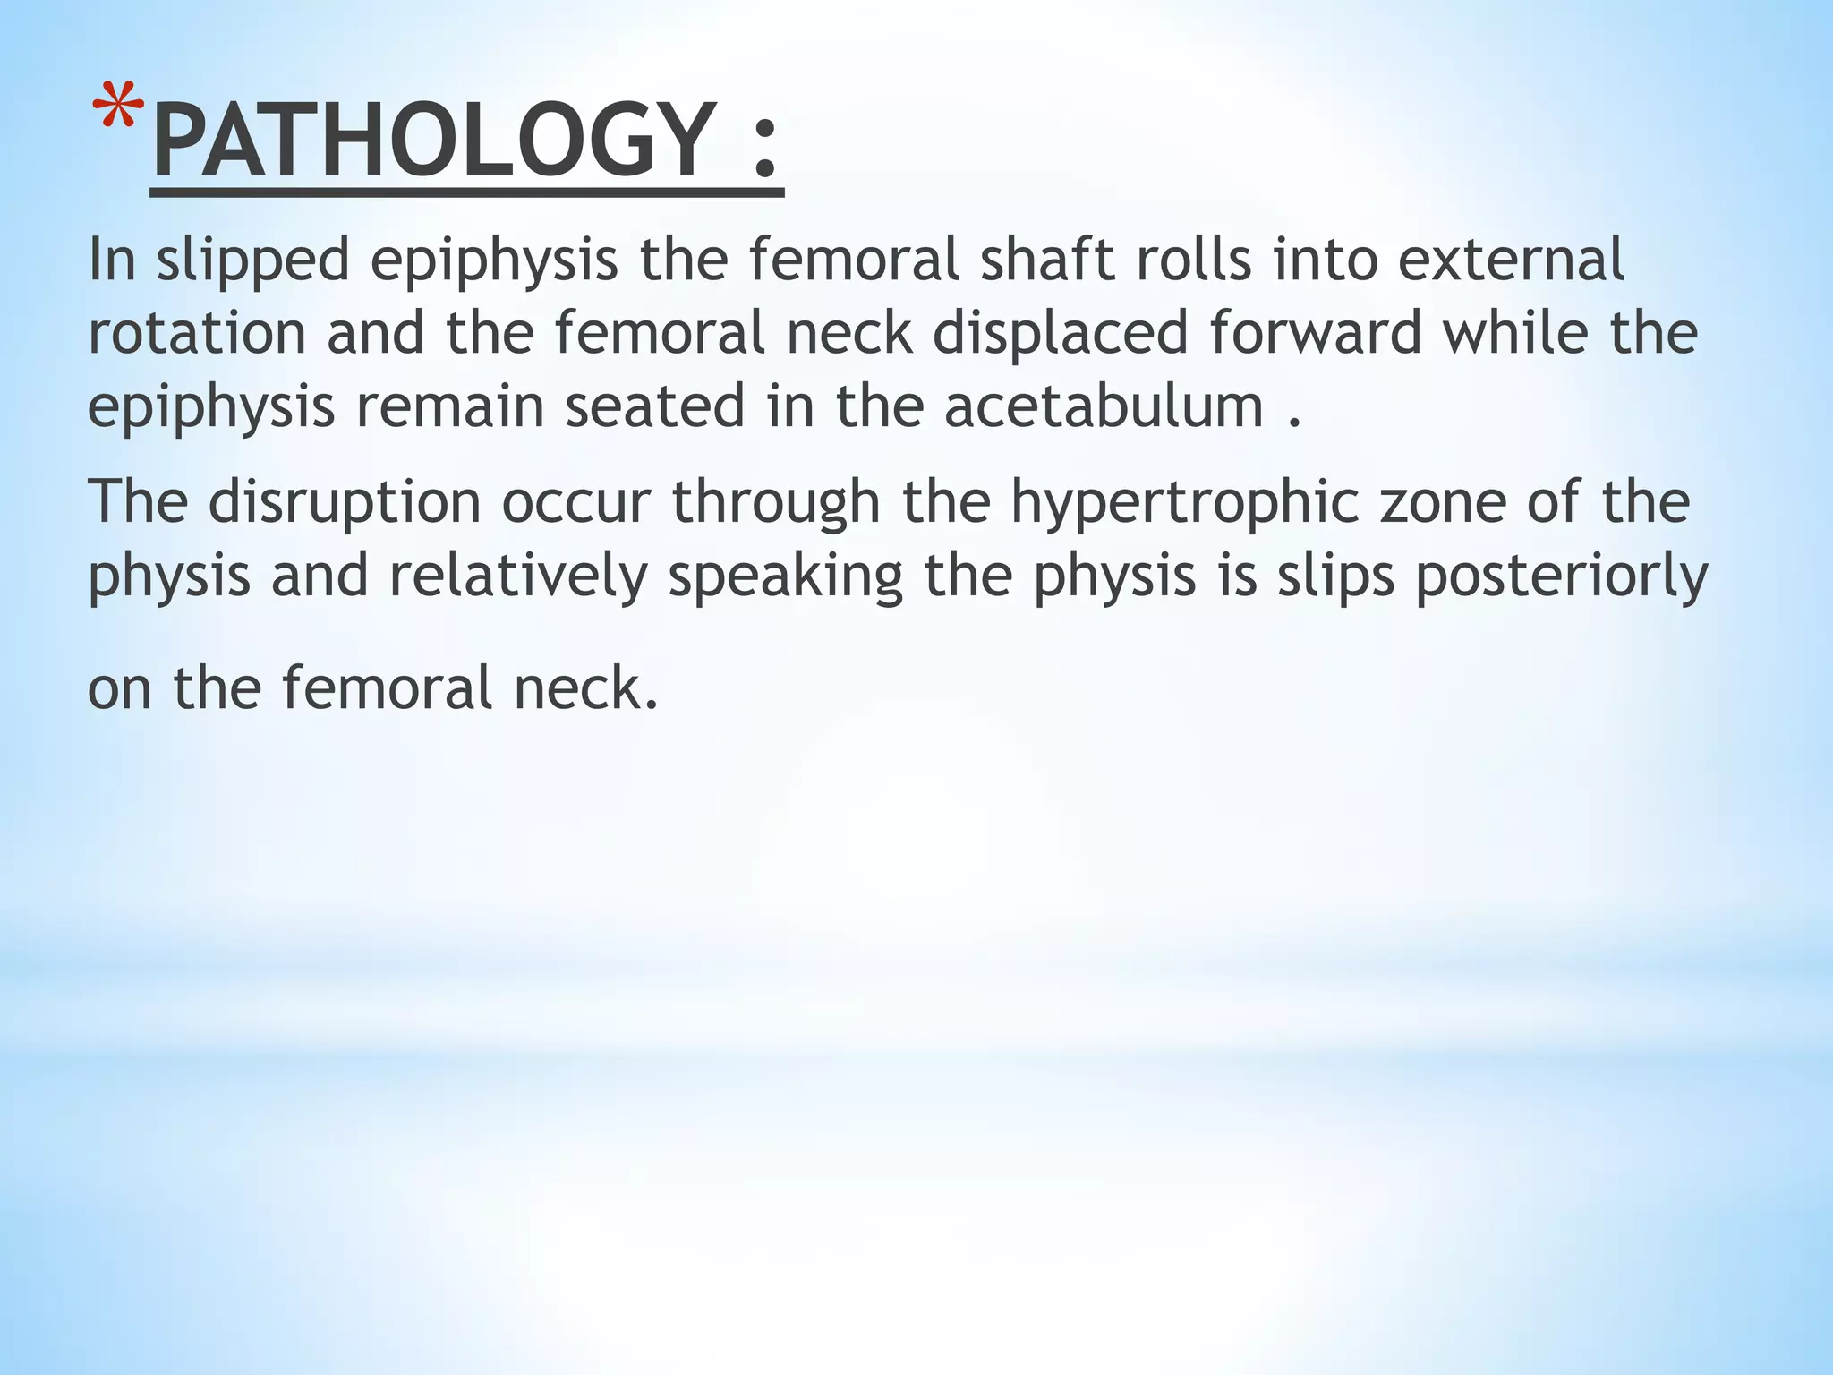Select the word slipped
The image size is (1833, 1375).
pyautogui.click(x=252, y=261)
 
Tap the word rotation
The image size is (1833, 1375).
pyautogui.click(x=197, y=333)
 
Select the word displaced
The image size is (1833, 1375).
pyautogui.click(x=1061, y=333)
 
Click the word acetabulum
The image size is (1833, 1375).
pyautogui.click(x=1104, y=406)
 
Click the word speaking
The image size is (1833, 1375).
pyautogui.click(x=786, y=578)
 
